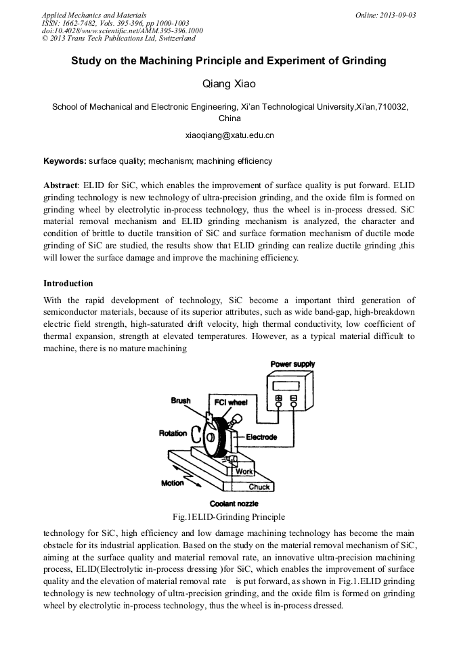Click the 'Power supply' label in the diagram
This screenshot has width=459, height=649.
coord(292,364)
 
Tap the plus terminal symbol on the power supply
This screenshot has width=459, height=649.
coord(278,399)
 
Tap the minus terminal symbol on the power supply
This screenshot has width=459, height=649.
coord(293,399)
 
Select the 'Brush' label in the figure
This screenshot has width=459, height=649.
coord(181,401)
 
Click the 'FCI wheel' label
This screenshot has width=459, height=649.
coord(231,402)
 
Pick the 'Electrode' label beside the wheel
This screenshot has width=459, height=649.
coord(261,437)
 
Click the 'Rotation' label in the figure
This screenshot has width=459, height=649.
coord(173,433)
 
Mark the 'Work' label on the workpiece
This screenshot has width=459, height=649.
coord(244,472)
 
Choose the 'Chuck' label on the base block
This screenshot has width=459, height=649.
coord(259,487)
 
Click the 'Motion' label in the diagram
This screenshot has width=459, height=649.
coord(172,483)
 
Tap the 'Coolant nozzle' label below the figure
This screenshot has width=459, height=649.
coord(234,504)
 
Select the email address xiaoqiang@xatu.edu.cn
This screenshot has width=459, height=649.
coord(230,135)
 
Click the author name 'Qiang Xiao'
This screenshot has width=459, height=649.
coord(229,84)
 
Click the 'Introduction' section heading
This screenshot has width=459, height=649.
coord(68,283)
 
